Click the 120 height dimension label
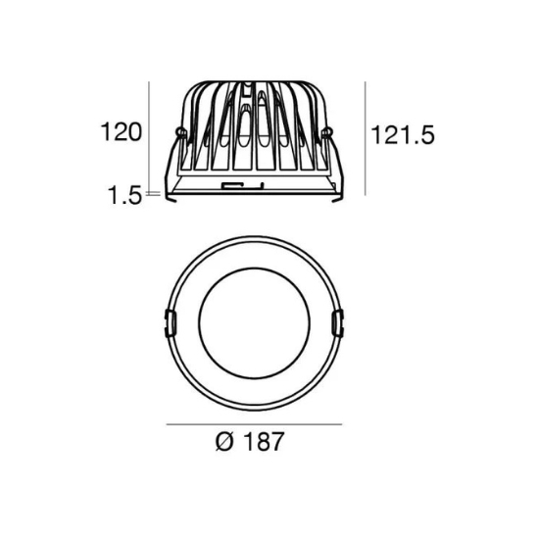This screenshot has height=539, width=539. [x=121, y=132]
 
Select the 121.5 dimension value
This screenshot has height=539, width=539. [x=403, y=135]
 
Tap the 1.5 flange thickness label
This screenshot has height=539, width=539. [x=124, y=195]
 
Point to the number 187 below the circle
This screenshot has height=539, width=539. [x=264, y=441]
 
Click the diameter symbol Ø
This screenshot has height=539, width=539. [x=224, y=441]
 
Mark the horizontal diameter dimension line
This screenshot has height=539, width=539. [x=254, y=424]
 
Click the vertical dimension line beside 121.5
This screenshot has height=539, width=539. [x=365, y=138]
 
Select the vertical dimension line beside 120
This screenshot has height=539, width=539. [x=149, y=138]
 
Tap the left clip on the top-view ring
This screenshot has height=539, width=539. [x=170, y=323]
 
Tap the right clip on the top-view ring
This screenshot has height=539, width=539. [x=337, y=323]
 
